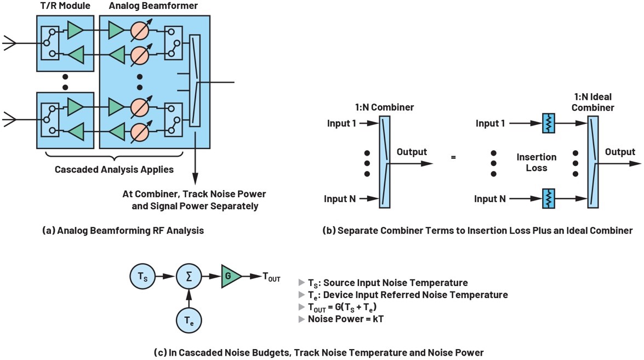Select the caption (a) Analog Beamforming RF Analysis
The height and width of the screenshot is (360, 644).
(x=123, y=231)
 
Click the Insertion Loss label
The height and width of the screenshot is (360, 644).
(x=536, y=162)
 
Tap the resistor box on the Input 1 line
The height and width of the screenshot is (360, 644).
(x=548, y=123)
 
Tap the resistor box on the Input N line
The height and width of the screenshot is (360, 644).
(x=548, y=199)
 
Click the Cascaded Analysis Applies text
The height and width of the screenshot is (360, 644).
(x=114, y=170)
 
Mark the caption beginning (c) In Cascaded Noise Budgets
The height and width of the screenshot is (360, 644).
(x=319, y=353)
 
